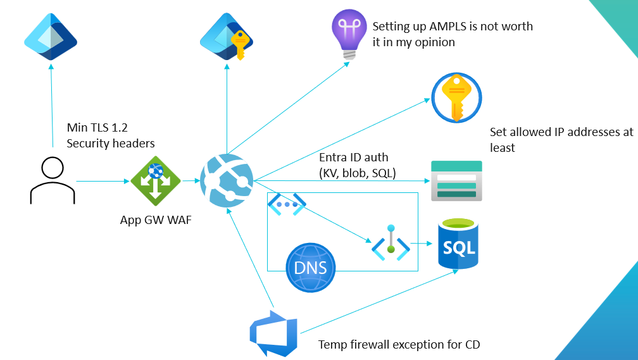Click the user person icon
52,181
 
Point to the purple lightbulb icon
348,34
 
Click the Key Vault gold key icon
457,99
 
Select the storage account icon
456,181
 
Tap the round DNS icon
310,266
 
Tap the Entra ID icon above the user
51,38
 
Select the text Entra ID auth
354,158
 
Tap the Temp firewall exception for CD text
399,345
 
